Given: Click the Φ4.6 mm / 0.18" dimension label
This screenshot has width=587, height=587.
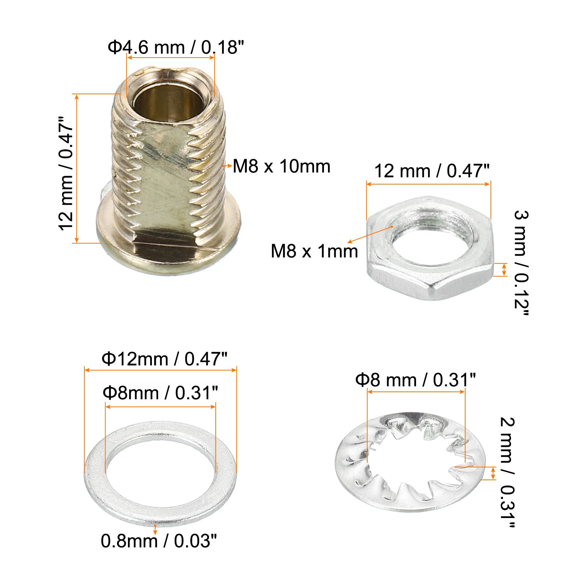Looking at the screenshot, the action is click(x=176, y=48).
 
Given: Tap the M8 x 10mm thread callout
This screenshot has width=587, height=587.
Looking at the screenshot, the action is click(x=282, y=166).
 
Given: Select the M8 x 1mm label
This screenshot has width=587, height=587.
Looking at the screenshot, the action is click(x=314, y=251).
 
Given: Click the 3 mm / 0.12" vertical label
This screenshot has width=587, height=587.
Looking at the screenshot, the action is click(x=521, y=263).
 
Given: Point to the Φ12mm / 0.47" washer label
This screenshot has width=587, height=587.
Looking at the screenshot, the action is click(x=165, y=359).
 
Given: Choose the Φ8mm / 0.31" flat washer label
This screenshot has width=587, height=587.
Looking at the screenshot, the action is click(x=160, y=393).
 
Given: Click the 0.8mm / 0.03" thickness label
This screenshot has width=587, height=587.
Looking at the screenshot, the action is click(x=159, y=541).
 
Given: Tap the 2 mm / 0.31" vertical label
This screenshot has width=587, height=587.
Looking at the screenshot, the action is click(x=507, y=473).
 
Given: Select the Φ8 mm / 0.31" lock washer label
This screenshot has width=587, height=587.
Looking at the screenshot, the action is click(x=416, y=380).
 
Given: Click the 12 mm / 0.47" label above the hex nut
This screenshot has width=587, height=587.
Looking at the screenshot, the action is click(x=432, y=171).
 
